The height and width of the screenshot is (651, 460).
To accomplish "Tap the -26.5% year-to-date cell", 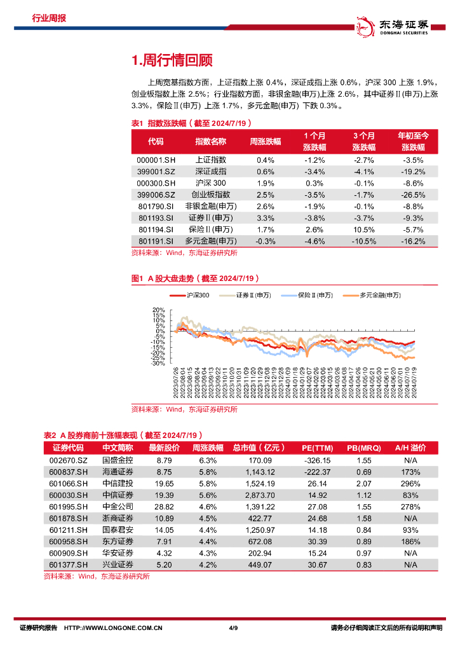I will pyautogui.click(x=414, y=195).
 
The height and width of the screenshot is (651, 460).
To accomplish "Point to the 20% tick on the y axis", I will pyautogui.click(x=158, y=310).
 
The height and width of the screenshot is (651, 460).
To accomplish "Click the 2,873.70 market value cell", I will pyautogui.click(x=261, y=495).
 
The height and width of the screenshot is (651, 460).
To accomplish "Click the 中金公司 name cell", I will pyautogui.click(x=118, y=507).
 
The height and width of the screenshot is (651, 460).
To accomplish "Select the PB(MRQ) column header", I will pyautogui.click(x=364, y=448).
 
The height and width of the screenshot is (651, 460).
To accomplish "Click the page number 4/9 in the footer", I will pyautogui.click(x=233, y=628).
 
